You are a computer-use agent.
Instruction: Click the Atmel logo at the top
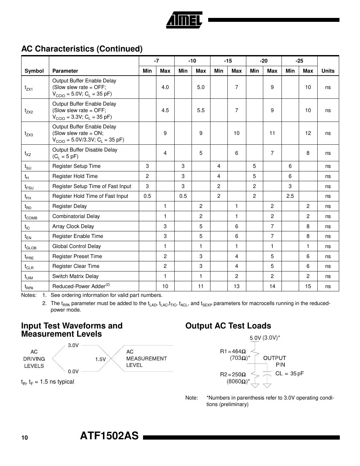point(184,20)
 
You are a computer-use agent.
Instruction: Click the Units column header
point(328,71)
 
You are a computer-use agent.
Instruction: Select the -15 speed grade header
point(228,61)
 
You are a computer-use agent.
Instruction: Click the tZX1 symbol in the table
point(29,88)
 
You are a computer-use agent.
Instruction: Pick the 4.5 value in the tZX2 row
point(165,110)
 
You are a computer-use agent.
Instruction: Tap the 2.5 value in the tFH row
point(290,196)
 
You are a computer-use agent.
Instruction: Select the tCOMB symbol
point(31,217)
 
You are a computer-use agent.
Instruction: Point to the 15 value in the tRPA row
point(308,286)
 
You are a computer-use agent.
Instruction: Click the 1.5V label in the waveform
point(100,359)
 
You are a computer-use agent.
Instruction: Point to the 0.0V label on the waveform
point(73,371)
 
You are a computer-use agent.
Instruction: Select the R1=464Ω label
point(233,351)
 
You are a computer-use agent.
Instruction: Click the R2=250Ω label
point(233,374)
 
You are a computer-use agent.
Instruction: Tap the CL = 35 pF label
point(289,373)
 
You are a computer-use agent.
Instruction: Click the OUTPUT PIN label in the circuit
point(275,361)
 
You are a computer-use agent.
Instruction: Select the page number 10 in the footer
point(25,438)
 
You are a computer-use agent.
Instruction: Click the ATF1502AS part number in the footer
point(109,436)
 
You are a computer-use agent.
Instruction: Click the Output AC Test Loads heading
point(228,326)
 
